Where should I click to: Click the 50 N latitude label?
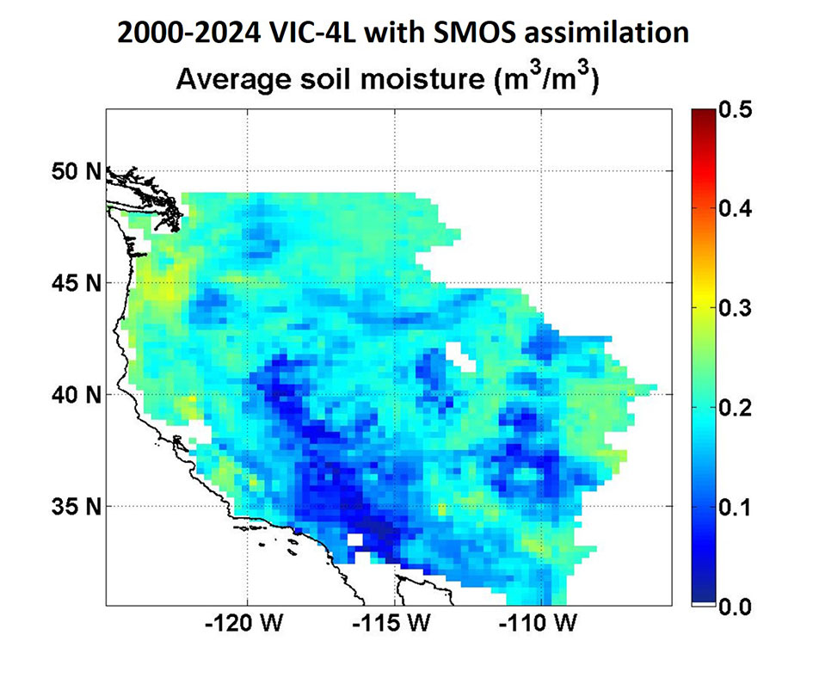pyautogui.click(x=71, y=171)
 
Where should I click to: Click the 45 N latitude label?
pyautogui.click(x=71, y=283)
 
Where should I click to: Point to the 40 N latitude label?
pyautogui.click(x=71, y=395)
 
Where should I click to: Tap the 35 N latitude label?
pyautogui.click(x=71, y=506)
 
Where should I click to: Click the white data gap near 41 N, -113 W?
pyautogui.click(x=459, y=356)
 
